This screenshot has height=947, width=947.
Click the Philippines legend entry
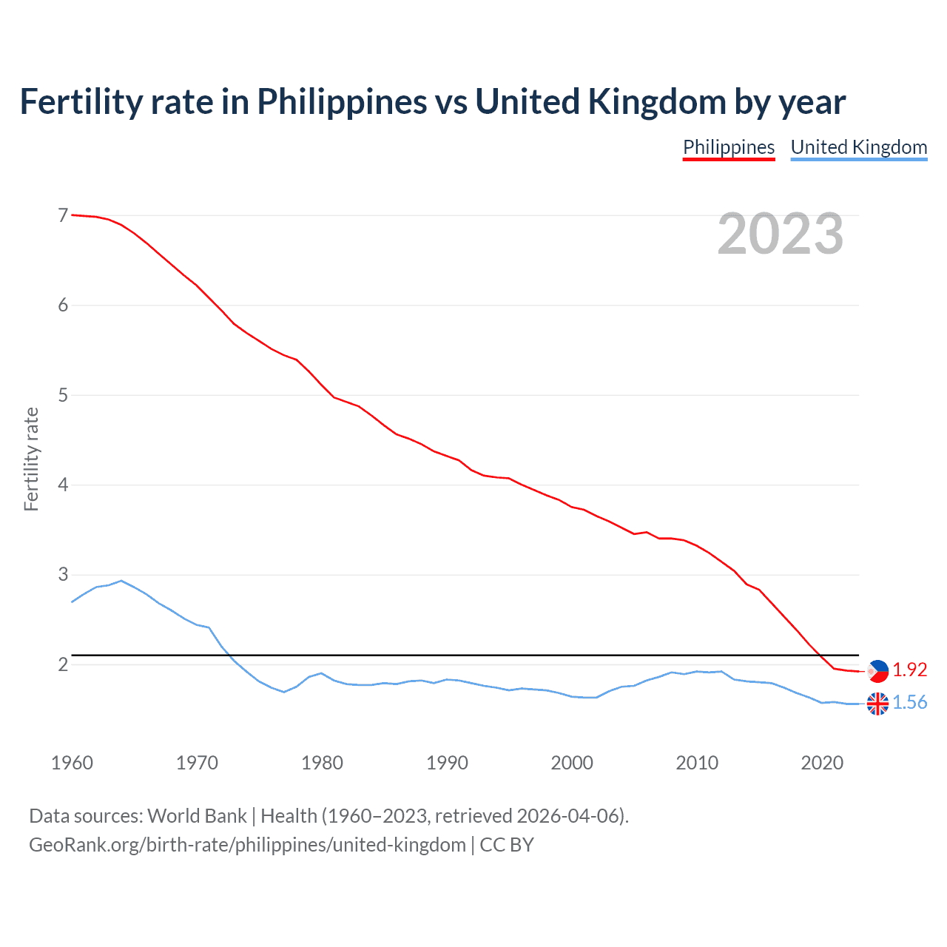728,147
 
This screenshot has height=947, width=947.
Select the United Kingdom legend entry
858,147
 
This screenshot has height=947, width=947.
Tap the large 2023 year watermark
780,234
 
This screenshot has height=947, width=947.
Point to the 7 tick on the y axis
63,215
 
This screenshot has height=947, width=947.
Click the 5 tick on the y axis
63,395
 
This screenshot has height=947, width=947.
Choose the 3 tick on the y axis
63,575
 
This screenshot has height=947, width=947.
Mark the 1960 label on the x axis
72,763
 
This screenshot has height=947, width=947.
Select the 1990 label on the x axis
447,763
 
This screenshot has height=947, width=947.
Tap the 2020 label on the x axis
822,763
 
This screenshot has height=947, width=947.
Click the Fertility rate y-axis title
31,459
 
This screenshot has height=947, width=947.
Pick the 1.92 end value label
909,670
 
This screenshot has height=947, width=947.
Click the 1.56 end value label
909,702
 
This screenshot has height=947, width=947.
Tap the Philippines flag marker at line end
877,670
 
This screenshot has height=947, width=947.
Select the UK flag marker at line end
877,703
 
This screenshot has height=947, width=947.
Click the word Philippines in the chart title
342,102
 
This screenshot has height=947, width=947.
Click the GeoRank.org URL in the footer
247,844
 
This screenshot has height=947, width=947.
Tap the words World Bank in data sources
197,815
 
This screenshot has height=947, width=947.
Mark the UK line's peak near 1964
121,581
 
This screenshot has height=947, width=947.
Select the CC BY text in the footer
507,844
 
